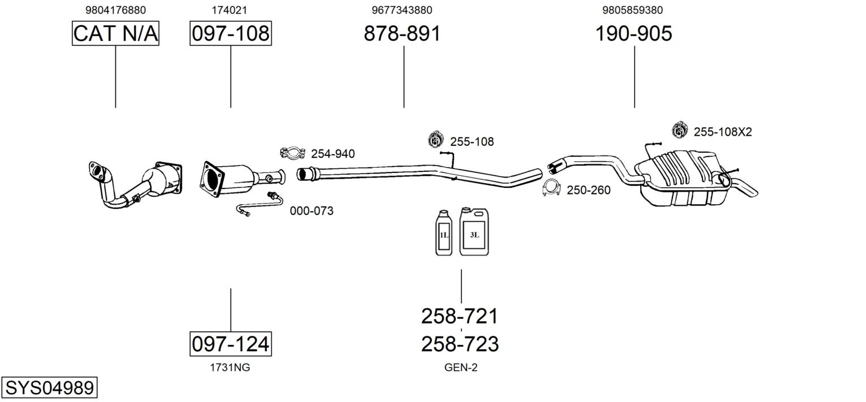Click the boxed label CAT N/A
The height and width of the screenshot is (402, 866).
[x=115, y=33]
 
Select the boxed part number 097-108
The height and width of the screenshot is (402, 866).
[x=230, y=33]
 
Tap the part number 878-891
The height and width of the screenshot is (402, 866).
[x=402, y=33]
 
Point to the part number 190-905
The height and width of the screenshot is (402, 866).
[x=633, y=33]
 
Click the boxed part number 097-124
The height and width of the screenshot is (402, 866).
[x=230, y=344]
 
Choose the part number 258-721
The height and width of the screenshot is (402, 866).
[x=460, y=316]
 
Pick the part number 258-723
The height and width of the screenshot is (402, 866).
[x=460, y=344]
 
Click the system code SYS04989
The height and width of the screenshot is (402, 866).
[x=49, y=387]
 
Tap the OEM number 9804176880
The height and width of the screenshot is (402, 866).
[x=115, y=10]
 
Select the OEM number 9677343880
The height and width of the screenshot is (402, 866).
[x=402, y=10]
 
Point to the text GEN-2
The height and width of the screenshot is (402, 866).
[x=461, y=368]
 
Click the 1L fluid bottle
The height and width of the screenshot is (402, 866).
[x=444, y=233]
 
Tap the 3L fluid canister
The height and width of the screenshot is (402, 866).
[x=474, y=231]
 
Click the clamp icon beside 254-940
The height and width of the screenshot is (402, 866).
[x=293, y=153]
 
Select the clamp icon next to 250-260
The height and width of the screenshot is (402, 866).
[x=552, y=188]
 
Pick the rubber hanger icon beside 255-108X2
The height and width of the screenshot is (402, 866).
[x=679, y=129]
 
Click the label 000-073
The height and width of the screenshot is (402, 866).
[x=312, y=211]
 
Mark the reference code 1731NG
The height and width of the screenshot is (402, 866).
[x=230, y=368]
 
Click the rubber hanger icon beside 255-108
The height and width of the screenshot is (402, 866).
[x=436, y=140]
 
